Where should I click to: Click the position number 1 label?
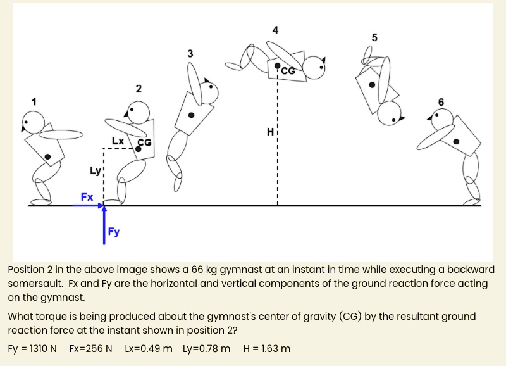(x=35, y=101)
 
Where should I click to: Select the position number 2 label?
(x=139, y=88)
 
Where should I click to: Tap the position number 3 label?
(x=190, y=54)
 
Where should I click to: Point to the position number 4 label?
(x=275, y=30)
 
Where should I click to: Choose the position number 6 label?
(x=441, y=102)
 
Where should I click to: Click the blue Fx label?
(x=87, y=197)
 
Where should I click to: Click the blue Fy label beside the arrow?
(x=114, y=232)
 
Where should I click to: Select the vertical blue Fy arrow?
(x=104, y=225)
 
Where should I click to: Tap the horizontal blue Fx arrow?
(x=89, y=206)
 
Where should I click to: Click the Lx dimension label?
(x=118, y=140)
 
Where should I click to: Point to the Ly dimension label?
(x=95, y=170)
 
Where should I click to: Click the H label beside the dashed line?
(x=270, y=132)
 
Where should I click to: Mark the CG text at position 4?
(x=288, y=71)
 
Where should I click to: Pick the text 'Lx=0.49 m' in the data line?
(x=149, y=349)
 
